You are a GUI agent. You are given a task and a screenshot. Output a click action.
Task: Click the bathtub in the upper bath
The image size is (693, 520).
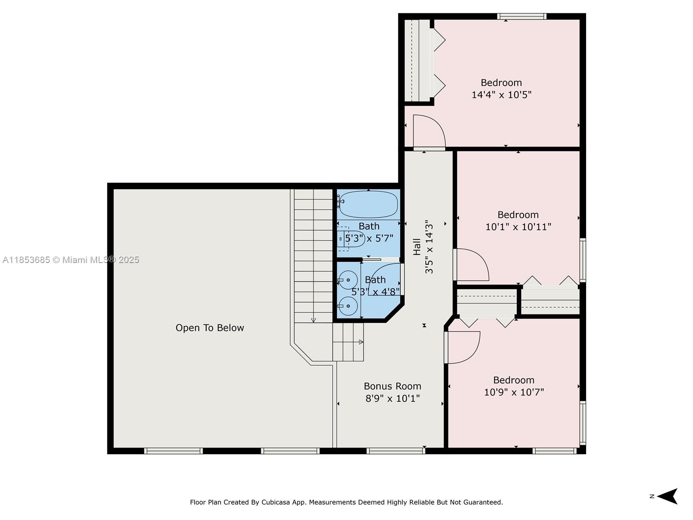368,204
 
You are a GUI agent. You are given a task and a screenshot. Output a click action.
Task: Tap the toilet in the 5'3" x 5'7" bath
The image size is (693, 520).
351,239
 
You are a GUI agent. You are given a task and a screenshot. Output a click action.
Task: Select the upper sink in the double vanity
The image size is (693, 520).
348,280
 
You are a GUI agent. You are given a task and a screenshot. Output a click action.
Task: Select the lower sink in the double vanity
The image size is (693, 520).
348,306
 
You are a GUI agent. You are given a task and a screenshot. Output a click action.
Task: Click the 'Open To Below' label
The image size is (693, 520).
210,328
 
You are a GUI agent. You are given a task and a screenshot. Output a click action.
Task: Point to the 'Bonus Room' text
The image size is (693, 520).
392,386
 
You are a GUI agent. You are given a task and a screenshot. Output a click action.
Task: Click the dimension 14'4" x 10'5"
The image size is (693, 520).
502,95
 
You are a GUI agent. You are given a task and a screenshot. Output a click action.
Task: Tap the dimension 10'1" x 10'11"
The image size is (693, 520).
518,227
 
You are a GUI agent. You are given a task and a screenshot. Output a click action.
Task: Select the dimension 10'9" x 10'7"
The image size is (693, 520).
514,392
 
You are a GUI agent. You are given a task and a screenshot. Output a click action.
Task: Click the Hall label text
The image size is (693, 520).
417,247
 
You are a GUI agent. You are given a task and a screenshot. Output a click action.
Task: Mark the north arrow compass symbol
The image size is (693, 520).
667,496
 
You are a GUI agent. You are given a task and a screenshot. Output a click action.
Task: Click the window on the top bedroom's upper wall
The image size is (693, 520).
521,16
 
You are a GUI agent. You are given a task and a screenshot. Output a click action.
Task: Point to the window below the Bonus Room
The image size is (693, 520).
396,451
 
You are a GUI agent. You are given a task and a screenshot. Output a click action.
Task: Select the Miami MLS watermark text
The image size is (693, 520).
71,260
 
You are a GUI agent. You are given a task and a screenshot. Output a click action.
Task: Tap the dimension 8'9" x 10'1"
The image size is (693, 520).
392,398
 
